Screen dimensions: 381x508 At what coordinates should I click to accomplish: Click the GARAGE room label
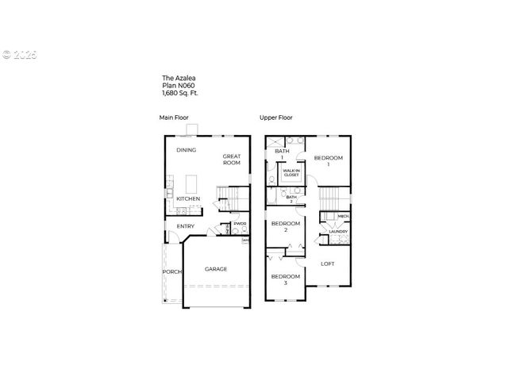(x=216, y=269)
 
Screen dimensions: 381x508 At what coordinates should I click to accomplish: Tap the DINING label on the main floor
(x=187, y=149)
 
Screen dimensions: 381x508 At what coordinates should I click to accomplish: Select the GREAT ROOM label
(x=231, y=160)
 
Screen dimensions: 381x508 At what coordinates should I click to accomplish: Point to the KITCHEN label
(x=187, y=198)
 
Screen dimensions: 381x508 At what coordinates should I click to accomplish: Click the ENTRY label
(x=185, y=226)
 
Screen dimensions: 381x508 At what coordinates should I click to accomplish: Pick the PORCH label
(x=172, y=271)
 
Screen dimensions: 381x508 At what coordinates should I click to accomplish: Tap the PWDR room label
(x=239, y=224)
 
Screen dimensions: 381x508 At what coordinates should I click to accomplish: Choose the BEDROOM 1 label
(x=329, y=161)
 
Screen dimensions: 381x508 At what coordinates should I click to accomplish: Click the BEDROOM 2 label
(x=286, y=226)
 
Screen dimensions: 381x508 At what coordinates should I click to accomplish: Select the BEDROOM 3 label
(x=285, y=279)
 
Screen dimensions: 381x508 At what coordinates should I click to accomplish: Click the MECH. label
(x=344, y=216)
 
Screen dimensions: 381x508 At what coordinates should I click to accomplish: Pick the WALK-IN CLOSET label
(x=291, y=172)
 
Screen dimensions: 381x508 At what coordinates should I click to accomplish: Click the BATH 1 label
(x=281, y=153)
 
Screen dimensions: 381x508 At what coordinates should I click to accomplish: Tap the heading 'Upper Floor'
(x=275, y=118)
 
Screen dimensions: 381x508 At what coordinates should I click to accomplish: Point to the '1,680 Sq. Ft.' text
(x=180, y=94)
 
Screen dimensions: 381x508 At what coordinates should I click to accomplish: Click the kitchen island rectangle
(x=190, y=182)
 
